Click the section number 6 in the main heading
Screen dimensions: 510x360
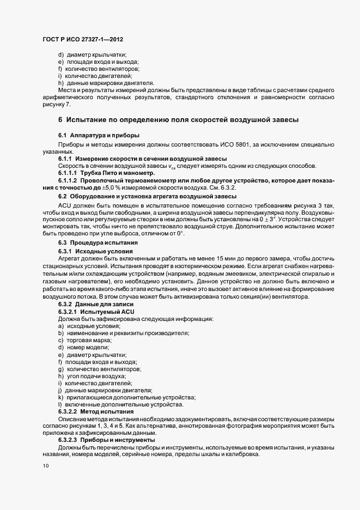point(60,119)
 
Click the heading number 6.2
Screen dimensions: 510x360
point(63,196)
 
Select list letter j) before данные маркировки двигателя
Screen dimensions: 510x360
point(60,391)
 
